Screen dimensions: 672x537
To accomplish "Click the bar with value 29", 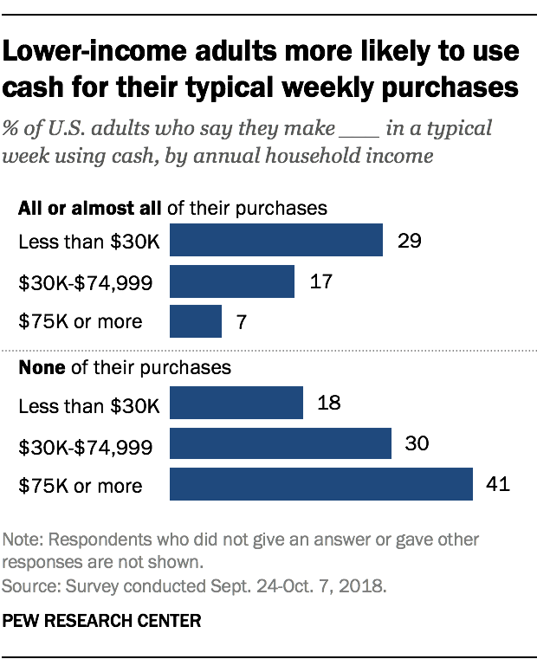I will [x=276, y=240].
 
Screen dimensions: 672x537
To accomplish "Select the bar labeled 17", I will [x=232, y=281].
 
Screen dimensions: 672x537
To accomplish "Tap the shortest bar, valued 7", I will [x=196, y=320].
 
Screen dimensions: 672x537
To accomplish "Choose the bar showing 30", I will [x=281, y=444].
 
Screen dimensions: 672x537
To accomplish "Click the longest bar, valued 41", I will [x=321, y=484].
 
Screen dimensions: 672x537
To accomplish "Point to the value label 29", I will [x=410, y=240].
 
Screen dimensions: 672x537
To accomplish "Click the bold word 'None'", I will [x=39, y=366].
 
